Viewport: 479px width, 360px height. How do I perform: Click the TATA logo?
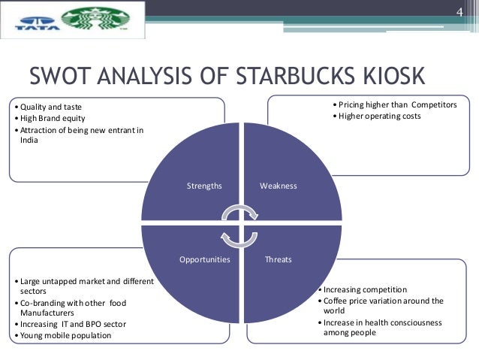pos(29,22)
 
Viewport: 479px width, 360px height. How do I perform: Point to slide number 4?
pos(460,12)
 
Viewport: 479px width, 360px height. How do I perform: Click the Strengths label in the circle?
pos(204,185)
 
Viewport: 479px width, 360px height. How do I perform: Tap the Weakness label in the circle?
pos(278,185)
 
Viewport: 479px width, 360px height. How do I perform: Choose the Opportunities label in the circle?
pos(204,259)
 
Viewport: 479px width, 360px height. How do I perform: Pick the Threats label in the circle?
pos(278,259)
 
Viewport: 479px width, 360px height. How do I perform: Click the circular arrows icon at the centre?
pos(240,222)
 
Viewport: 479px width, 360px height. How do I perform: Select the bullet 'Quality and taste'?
pos(53,106)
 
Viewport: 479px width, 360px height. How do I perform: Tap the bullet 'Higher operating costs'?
pos(379,116)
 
